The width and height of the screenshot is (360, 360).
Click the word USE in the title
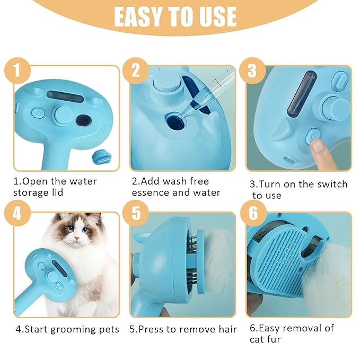coord(217,17)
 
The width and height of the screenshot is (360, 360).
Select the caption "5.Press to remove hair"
coord(183,329)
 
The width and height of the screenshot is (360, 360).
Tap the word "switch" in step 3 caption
coord(329,185)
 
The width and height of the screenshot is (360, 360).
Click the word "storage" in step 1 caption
coord(32,192)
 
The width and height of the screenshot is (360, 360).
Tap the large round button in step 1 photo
coord(63,115)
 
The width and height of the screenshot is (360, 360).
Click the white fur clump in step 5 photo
coord(212,265)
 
